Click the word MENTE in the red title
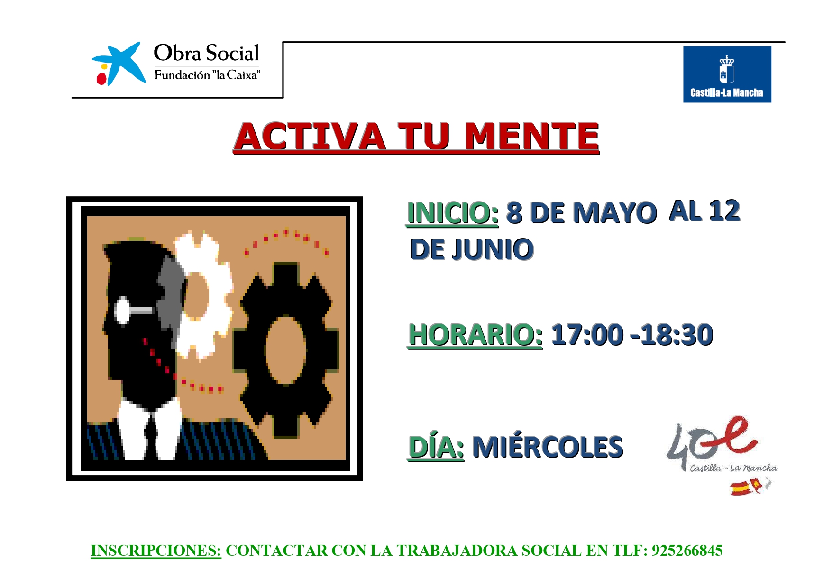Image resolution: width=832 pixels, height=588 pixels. click(531, 137)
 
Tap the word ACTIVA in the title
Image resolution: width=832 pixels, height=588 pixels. click(310, 137)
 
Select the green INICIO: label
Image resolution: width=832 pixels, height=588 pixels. click(453, 213)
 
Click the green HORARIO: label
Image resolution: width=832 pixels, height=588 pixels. click(475, 335)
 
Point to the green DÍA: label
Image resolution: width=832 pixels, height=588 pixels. click(436, 447)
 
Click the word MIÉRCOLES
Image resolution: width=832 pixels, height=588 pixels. click(548, 447)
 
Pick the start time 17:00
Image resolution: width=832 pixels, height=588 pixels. click(587, 335)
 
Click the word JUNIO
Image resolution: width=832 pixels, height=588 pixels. click(493, 249)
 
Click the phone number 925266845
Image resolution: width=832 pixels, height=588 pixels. click(687, 551)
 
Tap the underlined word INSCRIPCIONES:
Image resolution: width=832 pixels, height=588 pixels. click(156, 551)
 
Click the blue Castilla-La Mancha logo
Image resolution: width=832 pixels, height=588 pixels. click(727, 74)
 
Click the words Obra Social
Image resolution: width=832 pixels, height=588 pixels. click(207, 53)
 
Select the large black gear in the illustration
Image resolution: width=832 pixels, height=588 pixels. click(286, 350)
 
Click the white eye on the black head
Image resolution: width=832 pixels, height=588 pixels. click(122, 311)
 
